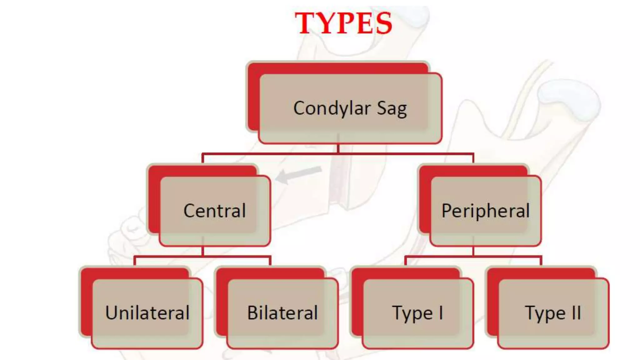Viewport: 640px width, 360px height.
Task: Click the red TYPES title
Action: pos(343,23)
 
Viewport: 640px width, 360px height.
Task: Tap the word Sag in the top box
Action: pos(392,109)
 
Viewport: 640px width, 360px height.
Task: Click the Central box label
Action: pos(215,211)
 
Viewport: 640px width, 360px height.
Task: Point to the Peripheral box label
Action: pos(485,211)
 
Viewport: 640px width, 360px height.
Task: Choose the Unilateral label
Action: pos(147,313)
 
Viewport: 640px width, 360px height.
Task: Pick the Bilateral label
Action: pos(282,313)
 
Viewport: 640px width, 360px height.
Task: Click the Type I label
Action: pos(417,313)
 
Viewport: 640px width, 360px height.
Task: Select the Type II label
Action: pos(553,313)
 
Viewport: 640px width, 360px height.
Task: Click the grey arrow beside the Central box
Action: pos(299,175)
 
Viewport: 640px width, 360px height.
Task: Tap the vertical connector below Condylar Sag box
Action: pos(338,148)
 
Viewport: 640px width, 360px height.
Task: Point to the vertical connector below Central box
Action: pos(203,251)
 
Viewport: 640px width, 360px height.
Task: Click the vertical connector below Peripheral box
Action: pos(473,251)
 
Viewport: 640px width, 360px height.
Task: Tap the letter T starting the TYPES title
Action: pos(305,23)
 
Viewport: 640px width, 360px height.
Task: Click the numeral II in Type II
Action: pos(576,312)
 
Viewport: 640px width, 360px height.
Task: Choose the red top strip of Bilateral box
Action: pos(270,273)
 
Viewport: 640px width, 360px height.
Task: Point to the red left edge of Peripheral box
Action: pos(424,203)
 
